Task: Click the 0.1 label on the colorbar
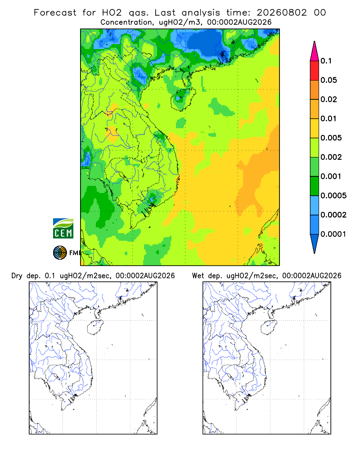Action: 326,61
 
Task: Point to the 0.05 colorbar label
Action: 328,80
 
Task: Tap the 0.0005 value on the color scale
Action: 333,195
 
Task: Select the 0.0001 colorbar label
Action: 333,234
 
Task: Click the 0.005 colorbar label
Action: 331,138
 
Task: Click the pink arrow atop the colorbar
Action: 315,52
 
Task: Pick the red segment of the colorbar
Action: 315,71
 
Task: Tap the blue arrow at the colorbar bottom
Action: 315,243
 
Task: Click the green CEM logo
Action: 63,229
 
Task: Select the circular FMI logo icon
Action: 60,253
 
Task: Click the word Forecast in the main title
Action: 55,13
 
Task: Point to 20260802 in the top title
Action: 282,13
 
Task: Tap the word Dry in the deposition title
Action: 17,276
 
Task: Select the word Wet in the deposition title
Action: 198,276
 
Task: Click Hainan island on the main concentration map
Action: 183,99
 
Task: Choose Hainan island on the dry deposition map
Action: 95,328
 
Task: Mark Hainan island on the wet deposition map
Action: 269,328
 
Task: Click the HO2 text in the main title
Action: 112,13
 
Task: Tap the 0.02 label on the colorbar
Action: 328,99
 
